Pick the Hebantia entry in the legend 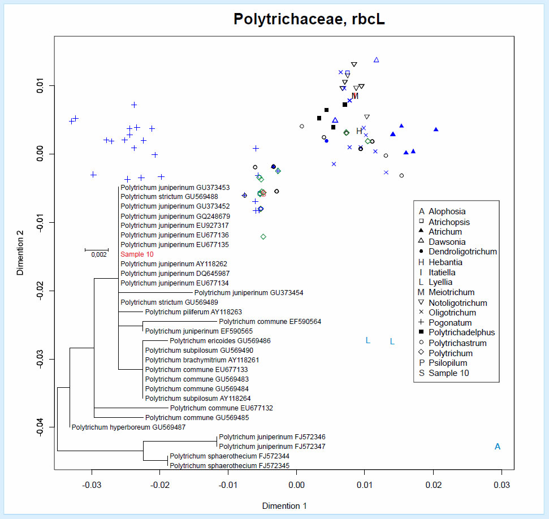click(445, 262)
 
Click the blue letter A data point click(498, 447)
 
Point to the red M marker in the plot click(355, 96)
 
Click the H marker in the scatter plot click(359, 131)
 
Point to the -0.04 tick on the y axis click(39, 427)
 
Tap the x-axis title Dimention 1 click(284, 506)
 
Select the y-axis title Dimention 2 click(20, 252)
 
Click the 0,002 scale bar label click(98, 254)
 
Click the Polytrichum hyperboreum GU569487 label click(128, 427)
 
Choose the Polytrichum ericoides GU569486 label click(220, 341)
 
